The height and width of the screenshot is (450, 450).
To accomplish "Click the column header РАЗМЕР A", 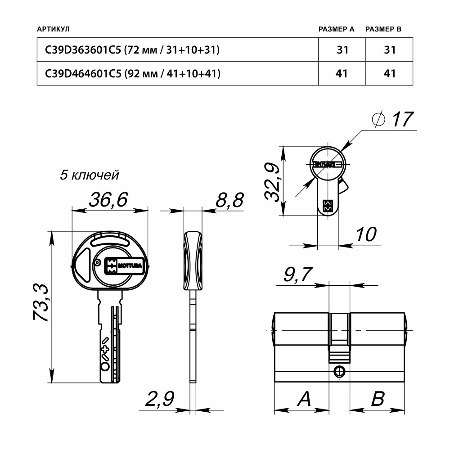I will pyautogui.click(x=336, y=29).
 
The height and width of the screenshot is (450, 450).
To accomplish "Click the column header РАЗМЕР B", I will pyautogui.click(x=383, y=29).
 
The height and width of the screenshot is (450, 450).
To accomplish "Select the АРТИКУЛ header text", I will pyautogui.click(x=53, y=29).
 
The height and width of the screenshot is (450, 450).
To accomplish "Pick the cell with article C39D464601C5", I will pyautogui.click(x=133, y=73).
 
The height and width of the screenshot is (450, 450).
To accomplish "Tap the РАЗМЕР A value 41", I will pyautogui.click(x=342, y=73).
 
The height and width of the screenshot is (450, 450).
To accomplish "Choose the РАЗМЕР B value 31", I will pyautogui.click(x=389, y=50).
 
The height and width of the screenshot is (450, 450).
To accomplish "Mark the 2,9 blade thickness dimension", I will pyautogui.click(x=159, y=399).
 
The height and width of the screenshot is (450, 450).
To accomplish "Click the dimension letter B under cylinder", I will pyautogui.click(x=378, y=399).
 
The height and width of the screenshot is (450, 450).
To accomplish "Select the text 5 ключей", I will pyautogui.click(x=89, y=175).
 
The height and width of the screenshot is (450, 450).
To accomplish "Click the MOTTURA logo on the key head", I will pyautogui.click(x=123, y=265).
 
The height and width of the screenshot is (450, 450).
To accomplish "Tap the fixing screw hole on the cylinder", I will pyautogui.click(x=339, y=372).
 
